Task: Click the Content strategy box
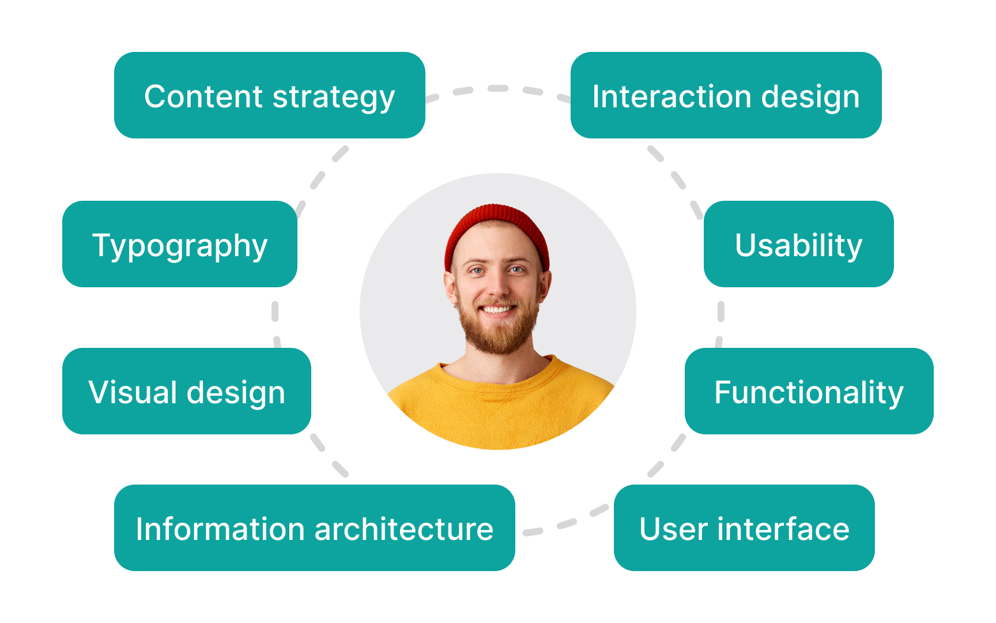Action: pos(269,95)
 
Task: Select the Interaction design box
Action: pos(726,95)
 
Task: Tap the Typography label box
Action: pos(179,244)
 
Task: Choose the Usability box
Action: pos(798,244)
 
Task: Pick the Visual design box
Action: pos(186,391)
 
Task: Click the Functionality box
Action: pos(809,391)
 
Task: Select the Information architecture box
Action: pos(314,528)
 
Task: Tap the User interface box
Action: pos(744,528)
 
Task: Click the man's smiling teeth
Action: pos(497,310)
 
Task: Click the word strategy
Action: pos(334,97)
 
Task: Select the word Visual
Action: pos(133,392)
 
